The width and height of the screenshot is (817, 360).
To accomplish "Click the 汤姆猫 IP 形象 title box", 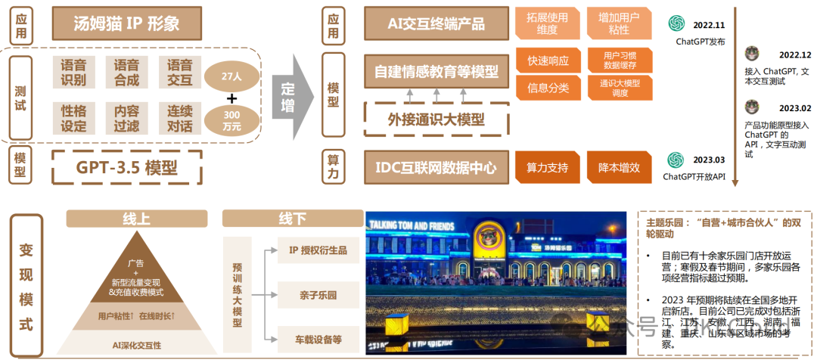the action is [126, 23].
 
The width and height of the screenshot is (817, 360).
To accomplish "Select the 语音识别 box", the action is [73, 72].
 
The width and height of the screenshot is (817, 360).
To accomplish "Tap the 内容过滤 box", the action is [126, 118].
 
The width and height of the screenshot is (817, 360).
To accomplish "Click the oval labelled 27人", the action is [231, 76].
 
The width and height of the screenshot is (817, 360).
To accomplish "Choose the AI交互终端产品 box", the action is [436, 23].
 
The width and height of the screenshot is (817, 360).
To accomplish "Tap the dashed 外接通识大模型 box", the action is [436, 119].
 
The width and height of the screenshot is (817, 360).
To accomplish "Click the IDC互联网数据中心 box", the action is [436, 167].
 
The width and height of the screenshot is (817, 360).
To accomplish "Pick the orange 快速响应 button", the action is [548, 61].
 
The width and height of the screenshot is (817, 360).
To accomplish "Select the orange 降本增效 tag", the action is [619, 167].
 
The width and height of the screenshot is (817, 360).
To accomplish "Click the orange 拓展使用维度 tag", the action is [548, 23].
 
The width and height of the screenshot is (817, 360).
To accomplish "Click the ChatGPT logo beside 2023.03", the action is [676, 160].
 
